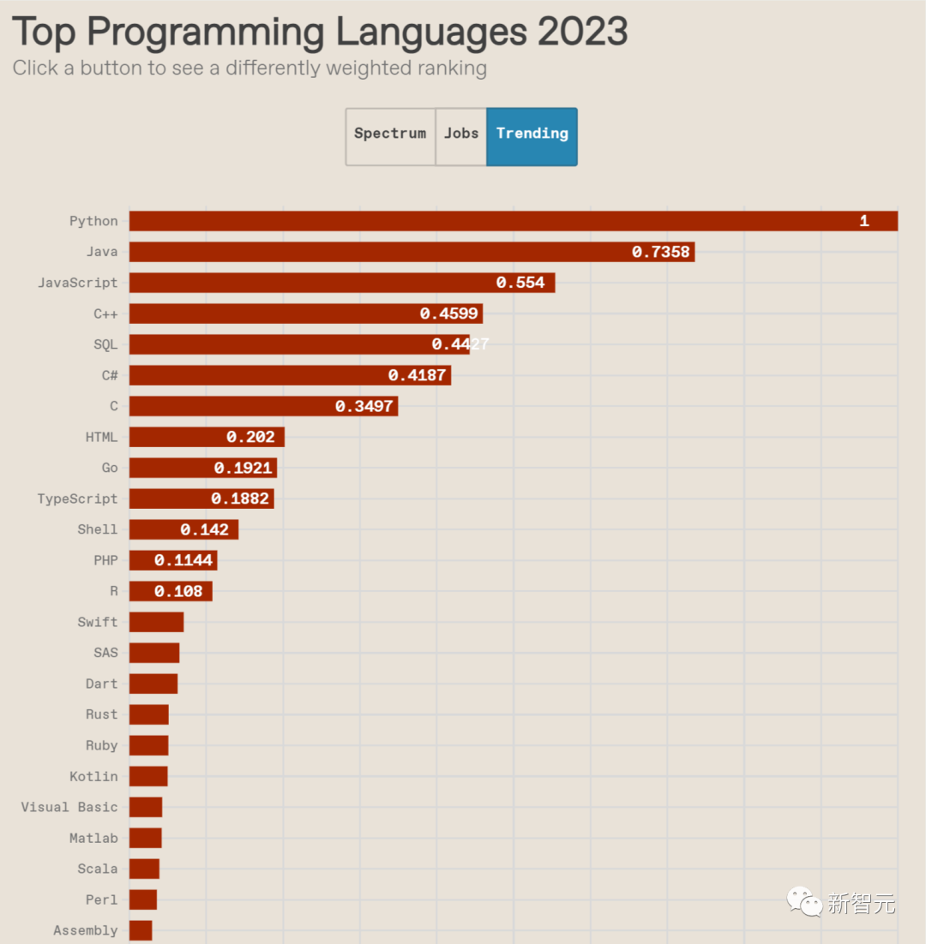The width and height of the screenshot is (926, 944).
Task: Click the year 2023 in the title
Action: click(x=582, y=33)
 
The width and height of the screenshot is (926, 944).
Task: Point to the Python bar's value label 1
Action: click(x=864, y=221)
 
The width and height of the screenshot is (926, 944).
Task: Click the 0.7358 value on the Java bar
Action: click(x=660, y=252)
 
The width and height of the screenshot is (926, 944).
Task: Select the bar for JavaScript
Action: click(x=342, y=283)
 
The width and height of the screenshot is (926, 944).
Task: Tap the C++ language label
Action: click(x=105, y=314)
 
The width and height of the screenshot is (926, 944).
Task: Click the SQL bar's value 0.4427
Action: click(x=460, y=344)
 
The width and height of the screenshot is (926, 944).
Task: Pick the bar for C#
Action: click(x=290, y=375)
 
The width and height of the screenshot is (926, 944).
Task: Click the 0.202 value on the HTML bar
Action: click(x=250, y=437)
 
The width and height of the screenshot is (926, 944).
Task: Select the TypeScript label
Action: click(x=77, y=499)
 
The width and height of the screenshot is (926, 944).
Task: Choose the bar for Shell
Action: click(x=183, y=529)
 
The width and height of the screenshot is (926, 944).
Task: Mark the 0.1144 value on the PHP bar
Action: click(x=183, y=560)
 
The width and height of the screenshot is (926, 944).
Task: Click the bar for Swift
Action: click(x=156, y=622)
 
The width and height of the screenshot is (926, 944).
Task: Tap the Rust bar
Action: click(x=149, y=714)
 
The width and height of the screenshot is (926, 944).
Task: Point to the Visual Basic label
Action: click(x=69, y=807)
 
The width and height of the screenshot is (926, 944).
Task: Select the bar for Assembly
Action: click(x=141, y=930)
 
